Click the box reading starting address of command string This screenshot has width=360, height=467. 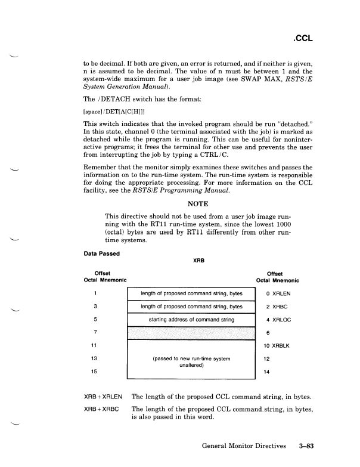(191, 320)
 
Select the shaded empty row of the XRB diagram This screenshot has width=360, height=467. (191, 333)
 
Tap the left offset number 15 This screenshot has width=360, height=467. (95, 372)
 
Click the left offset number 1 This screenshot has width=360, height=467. (95, 293)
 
